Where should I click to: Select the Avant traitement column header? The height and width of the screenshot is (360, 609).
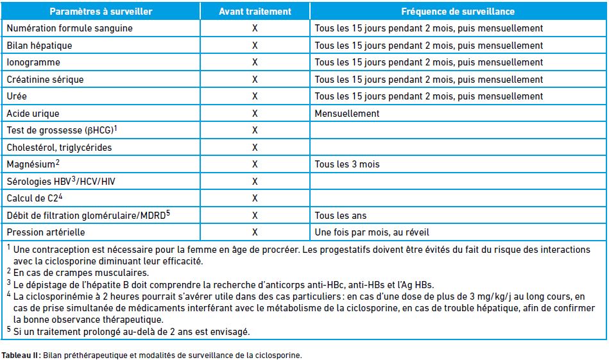tap(255, 12)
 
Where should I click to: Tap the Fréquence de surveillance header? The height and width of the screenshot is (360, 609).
tap(458, 12)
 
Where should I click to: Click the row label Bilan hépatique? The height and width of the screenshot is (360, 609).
tap(39, 46)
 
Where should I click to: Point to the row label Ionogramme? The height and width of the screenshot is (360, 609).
tap(33, 62)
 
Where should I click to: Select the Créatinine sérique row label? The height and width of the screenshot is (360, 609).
tap(45, 80)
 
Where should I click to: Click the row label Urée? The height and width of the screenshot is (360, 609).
tap(17, 96)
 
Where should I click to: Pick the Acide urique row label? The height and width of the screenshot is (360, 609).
tap(33, 114)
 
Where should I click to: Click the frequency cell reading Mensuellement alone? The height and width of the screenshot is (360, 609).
tap(347, 114)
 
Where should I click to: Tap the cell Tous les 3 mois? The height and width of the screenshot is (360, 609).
tap(347, 164)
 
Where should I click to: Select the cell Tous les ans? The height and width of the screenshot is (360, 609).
tap(341, 215)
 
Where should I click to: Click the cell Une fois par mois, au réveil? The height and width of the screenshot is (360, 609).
tap(372, 232)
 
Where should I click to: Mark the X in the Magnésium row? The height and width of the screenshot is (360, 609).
tap(255, 164)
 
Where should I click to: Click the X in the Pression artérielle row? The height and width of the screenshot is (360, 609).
tap(255, 232)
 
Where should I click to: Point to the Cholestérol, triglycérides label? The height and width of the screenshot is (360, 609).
tap(59, 148)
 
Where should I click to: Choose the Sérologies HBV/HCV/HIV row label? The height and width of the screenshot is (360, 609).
tap(61, 182)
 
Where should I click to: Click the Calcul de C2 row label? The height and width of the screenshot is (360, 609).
tap(34, 198)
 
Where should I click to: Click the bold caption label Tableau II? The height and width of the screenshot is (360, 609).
tap(21, 355)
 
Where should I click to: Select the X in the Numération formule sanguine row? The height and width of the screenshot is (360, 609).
tap(255, 28)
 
